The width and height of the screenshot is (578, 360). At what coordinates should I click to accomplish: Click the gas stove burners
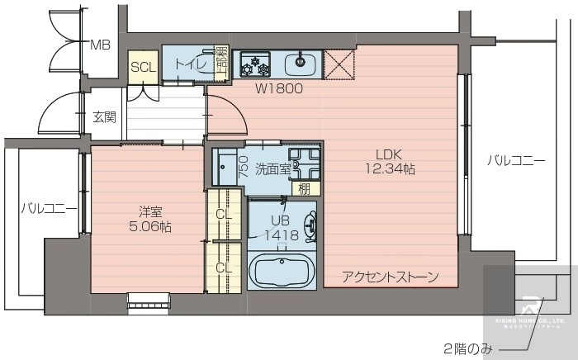255,64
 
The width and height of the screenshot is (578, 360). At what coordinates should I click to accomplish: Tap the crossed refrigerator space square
339,64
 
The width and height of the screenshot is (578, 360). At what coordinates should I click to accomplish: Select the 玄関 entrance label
104,117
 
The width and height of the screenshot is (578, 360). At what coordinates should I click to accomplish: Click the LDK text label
390,154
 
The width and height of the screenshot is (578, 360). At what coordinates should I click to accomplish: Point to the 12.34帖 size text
390,169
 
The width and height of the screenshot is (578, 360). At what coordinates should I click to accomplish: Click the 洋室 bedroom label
149,211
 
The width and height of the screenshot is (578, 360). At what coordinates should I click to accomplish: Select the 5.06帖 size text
149,226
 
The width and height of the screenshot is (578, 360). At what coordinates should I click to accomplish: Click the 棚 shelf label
305,188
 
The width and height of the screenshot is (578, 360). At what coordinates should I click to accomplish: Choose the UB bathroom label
280,220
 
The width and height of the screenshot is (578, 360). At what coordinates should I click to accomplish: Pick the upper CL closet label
224,215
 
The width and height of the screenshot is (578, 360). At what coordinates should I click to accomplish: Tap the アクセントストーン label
390,277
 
